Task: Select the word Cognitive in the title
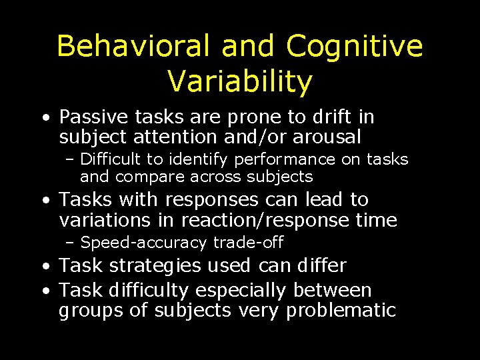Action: [355, 47]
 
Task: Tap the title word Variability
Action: [240, 81]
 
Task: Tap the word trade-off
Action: [249, 243]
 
